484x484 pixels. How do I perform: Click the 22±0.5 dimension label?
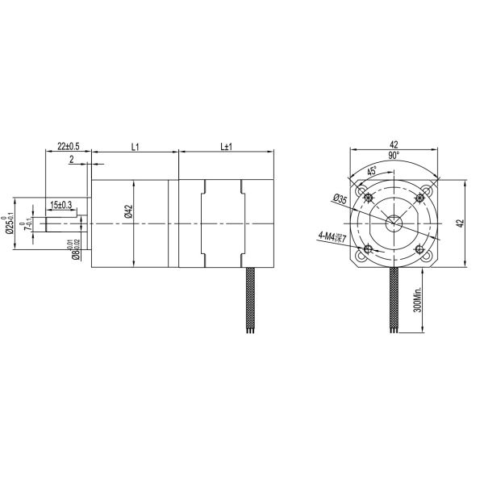click(x=69, y=146)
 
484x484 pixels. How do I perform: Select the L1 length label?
click(x=135, y=146)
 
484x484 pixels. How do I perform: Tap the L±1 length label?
click(x=226, y=146)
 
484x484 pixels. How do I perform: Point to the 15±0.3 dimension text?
click(x=61, y=205)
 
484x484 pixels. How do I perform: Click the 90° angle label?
click(x=394, y=154)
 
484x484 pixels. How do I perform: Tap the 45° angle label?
click(x=371, y=171)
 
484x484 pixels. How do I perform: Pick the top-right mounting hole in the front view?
click(x=419, y=198)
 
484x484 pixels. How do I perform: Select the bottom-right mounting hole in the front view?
click(x=419, y=248)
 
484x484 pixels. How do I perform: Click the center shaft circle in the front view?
click(x=394, y=223)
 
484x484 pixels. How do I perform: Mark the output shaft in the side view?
click(x=60, y=223)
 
